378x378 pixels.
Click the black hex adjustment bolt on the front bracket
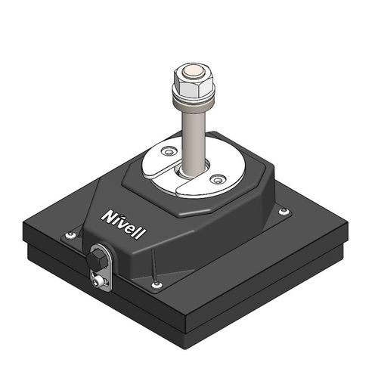[x=96, y=260]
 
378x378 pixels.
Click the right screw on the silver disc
[x=218, y=179]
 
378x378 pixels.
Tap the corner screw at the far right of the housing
[x=283, y=212]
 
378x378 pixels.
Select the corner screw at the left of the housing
[x=70, y=235]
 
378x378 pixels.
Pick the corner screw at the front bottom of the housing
[x=156, y=285]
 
